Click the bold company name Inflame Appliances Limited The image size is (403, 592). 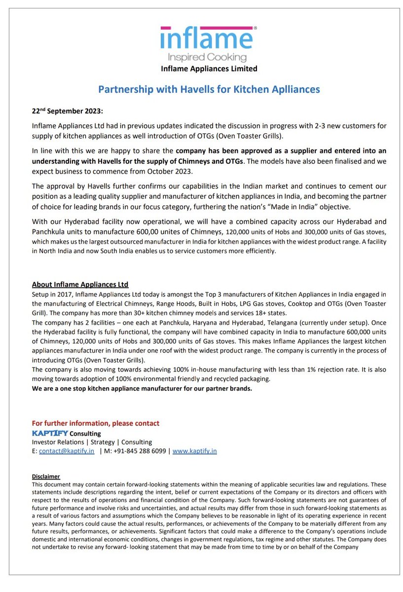209,69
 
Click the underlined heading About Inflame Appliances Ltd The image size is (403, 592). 80,285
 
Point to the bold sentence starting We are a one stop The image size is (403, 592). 142,388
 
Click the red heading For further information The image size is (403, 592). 95,423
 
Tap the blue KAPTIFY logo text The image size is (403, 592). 50,433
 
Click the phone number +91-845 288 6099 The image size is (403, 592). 139,451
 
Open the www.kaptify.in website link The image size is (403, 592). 194,451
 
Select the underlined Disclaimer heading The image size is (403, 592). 46,476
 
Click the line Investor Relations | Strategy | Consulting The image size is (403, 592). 92,442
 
